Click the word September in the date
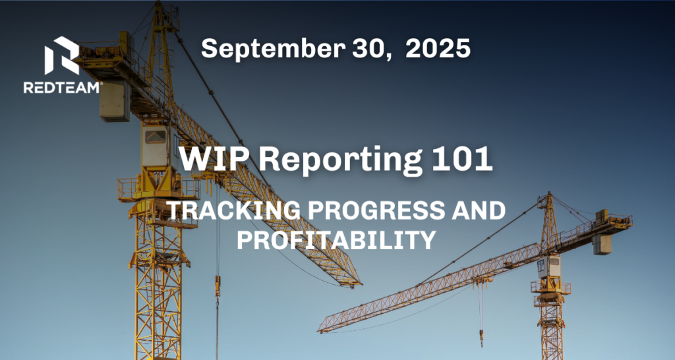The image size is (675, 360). coord(273,49)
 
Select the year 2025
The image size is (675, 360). coord(438,48)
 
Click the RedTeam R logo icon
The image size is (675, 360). coord(62,55)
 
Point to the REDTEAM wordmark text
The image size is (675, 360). coord(63,88)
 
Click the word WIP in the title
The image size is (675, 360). coord(214,160)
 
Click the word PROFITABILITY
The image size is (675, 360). coord(336,240)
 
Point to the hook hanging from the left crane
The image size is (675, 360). coord(218,285)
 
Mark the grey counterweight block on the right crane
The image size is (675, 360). coord(602,244)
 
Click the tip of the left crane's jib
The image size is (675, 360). coord(361,284)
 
